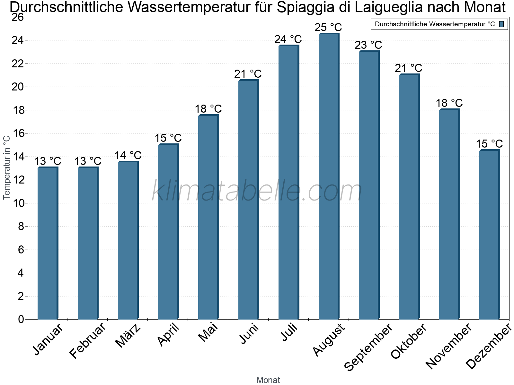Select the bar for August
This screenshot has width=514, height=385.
pos(329,176)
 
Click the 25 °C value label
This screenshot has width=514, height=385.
pos(328,27)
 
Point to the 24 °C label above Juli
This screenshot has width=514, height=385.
pos(288,39)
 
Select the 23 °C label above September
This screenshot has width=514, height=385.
pos(368,45)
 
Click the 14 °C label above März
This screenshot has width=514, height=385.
pos(128,155)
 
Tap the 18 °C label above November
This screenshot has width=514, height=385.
pos(449,103)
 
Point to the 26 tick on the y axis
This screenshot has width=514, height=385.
pos(17,17)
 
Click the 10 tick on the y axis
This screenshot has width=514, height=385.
pos(17,203)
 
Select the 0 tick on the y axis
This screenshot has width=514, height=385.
pos(21,319)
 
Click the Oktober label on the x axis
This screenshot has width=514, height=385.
pos(409,341)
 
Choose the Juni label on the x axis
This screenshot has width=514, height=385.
pos(249,334)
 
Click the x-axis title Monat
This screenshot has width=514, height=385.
pos(268,380)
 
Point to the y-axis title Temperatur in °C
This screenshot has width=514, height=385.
pos(7,167)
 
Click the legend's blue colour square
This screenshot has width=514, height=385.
pos(501,24)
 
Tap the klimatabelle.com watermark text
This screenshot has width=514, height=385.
pos(257,191)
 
